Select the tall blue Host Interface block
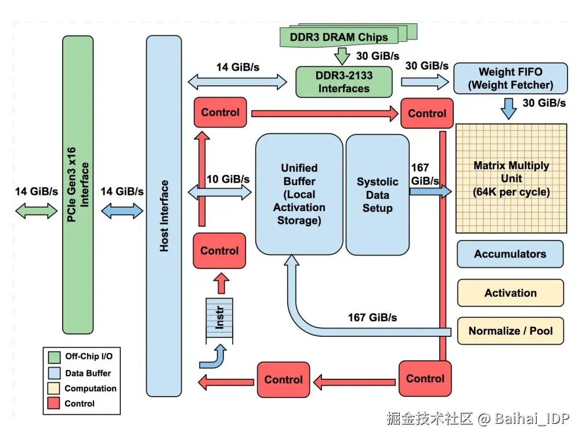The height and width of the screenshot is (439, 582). coord(164,216)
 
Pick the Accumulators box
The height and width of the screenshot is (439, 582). coord(510,254)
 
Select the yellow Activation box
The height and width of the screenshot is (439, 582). coord(510,293)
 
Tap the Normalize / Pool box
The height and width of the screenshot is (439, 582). coord(510,331)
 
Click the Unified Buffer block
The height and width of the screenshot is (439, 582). coord(299,194)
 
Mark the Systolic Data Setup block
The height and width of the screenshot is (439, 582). coord(377,195)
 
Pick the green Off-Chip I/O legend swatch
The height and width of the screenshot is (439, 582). coord(55,357)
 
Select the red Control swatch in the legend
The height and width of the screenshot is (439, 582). coord(55,404)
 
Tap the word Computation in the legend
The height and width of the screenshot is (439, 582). coord(91,389)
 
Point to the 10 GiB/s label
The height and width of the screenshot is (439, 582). coord(228,179)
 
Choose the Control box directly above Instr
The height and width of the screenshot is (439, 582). coord(219,251)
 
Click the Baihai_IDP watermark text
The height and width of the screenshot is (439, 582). coord(532,418)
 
